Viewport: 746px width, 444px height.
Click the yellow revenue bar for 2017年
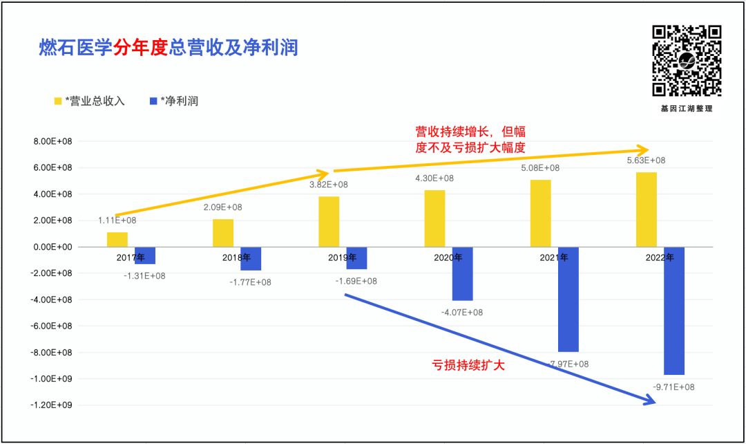(x=117, y=239)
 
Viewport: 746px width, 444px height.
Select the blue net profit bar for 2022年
(x=674, y=311)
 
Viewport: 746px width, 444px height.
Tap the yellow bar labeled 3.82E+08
(x=329, y=221)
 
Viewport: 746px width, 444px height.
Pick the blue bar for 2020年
(x=462, y=273)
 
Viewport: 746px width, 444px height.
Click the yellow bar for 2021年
(x=541, y=213)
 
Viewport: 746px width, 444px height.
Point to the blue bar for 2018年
(x=251, y=259)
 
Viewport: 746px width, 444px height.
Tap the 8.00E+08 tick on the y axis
(x=53, y=141)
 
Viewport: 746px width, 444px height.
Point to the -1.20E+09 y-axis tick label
(x=52, y=405)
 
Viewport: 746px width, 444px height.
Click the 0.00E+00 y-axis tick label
(x=53, y=247)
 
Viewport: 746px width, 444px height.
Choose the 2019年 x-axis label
(x=342, y=258)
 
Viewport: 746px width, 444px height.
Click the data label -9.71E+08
(x=673, y=387)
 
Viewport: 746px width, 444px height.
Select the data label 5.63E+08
(x=645, y=160)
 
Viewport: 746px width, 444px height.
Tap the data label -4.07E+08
(x=462, y=313)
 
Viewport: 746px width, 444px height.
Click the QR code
(x=687, y=61)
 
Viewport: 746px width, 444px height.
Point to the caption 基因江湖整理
(x=687, y=109)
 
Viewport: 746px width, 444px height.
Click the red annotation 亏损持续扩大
(x=468, y=364)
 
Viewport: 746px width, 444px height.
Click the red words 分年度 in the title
(x=141, y=48)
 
